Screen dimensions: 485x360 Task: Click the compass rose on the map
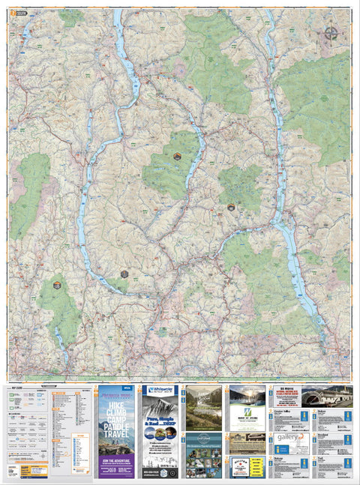click(x=331, y=32)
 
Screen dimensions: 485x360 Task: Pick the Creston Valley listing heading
click(x=283, y=411)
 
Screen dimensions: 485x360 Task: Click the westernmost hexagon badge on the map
click(x=57, y=285)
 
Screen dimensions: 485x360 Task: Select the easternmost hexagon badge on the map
click(x=231, y=208)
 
